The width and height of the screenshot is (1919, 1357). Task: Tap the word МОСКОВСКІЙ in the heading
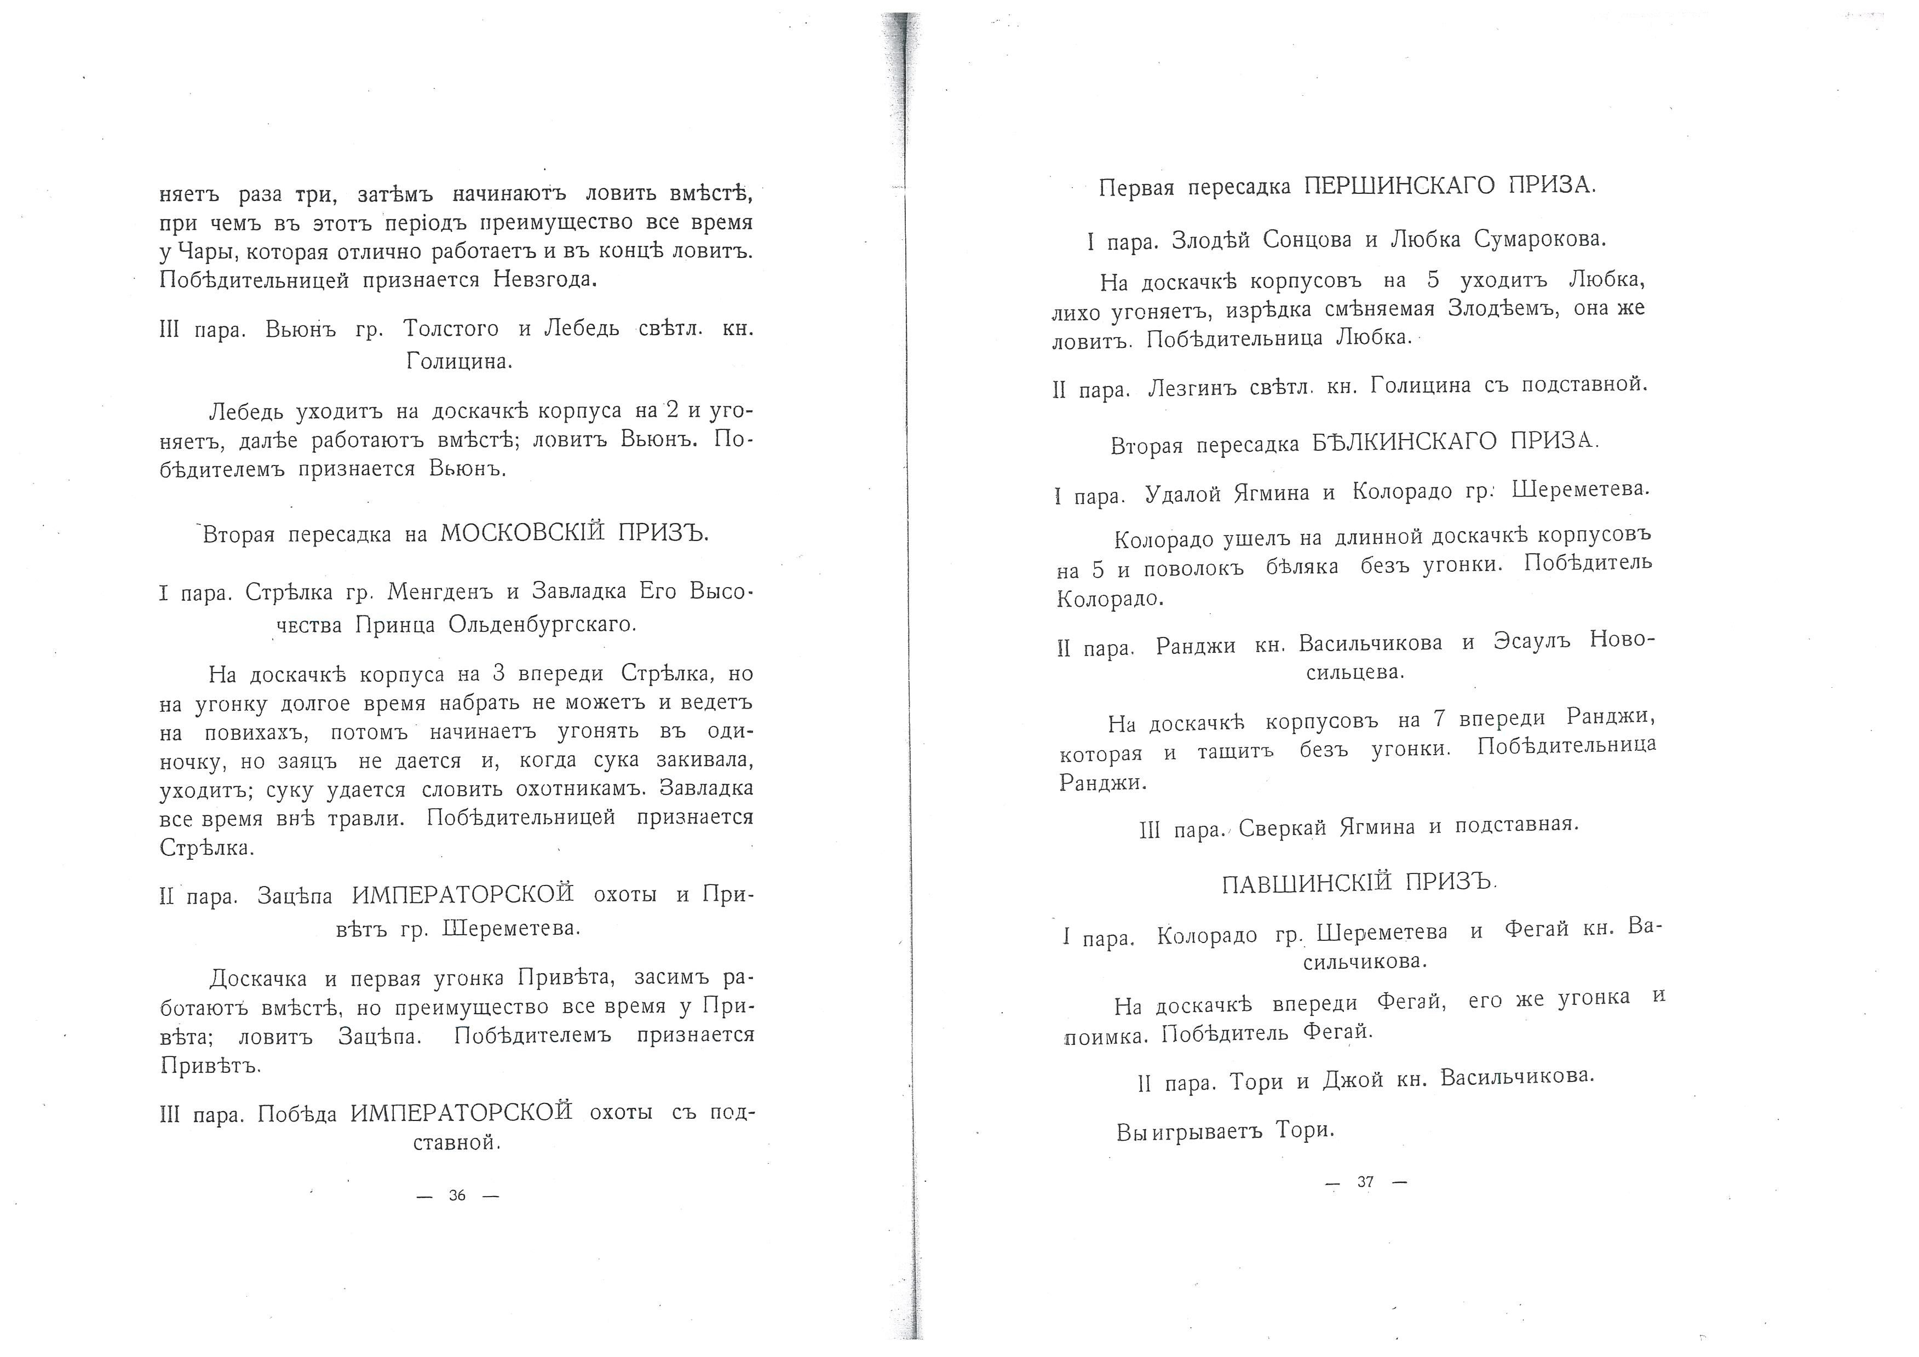521,533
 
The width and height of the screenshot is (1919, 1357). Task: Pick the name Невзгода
545,280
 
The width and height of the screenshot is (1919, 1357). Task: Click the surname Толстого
451,329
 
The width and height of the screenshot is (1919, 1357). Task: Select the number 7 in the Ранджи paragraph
1438,718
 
